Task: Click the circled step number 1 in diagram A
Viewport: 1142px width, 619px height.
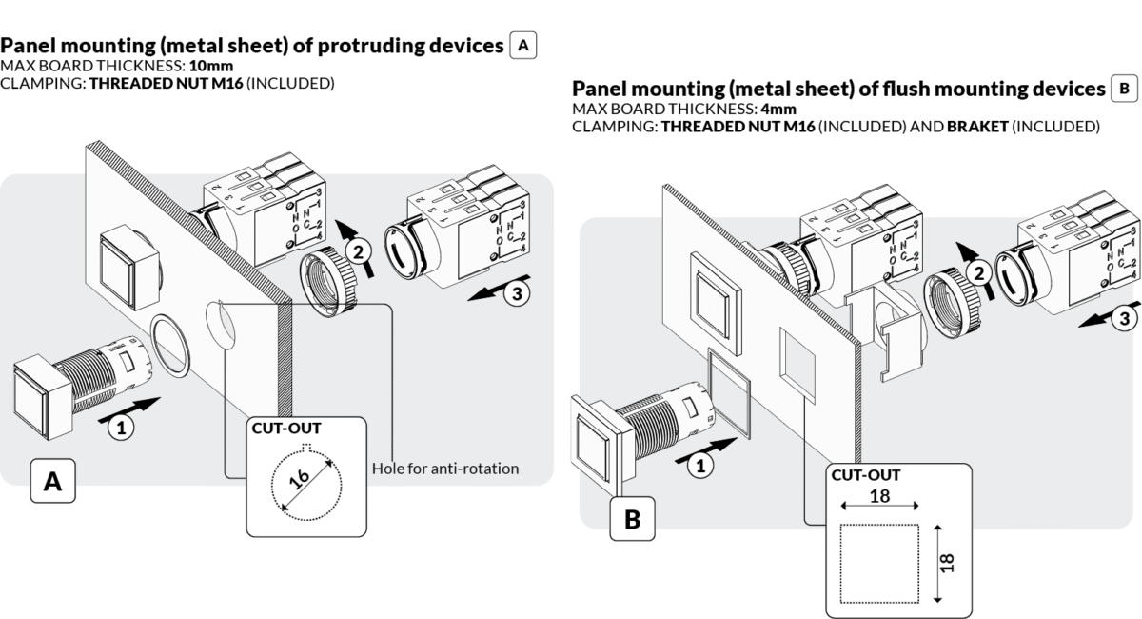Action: (120, 429)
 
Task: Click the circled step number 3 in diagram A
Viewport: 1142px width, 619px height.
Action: (516, 294)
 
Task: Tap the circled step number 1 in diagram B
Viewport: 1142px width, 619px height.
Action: (699, 466)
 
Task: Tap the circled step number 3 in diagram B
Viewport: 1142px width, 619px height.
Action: (1124, 318)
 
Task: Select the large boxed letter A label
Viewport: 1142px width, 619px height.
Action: (53, 484)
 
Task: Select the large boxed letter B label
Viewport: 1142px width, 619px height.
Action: (632, 520)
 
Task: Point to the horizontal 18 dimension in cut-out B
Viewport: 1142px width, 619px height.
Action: (879, 496)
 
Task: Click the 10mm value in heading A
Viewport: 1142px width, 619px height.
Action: (212, 66)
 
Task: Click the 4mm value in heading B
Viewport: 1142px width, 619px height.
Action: (777, 109)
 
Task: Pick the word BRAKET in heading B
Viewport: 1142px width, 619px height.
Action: (977, 126)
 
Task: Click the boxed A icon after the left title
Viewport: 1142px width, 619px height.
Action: (523, 45)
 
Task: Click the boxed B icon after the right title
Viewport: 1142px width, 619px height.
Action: (1124, 89)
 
